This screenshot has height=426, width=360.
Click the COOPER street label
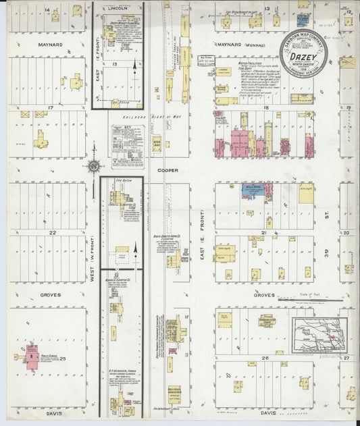coord(168,170)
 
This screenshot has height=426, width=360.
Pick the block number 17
coord(51,107)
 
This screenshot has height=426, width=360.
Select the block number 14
coord(47,9)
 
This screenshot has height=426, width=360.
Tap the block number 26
coord(267,357)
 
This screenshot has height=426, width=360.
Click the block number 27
coord(346,357)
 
